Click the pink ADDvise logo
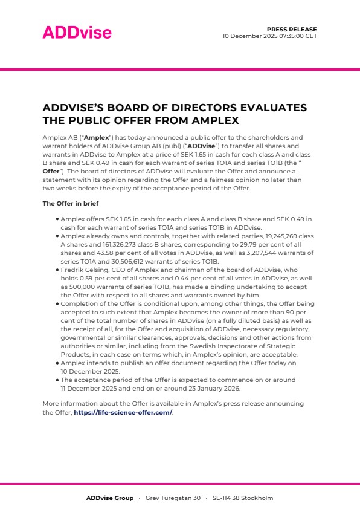(x=77, y=33)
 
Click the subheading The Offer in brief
(x=71, y=203)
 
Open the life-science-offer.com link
(x=123, y=413)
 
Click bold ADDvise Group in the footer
(x=109, y=498)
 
